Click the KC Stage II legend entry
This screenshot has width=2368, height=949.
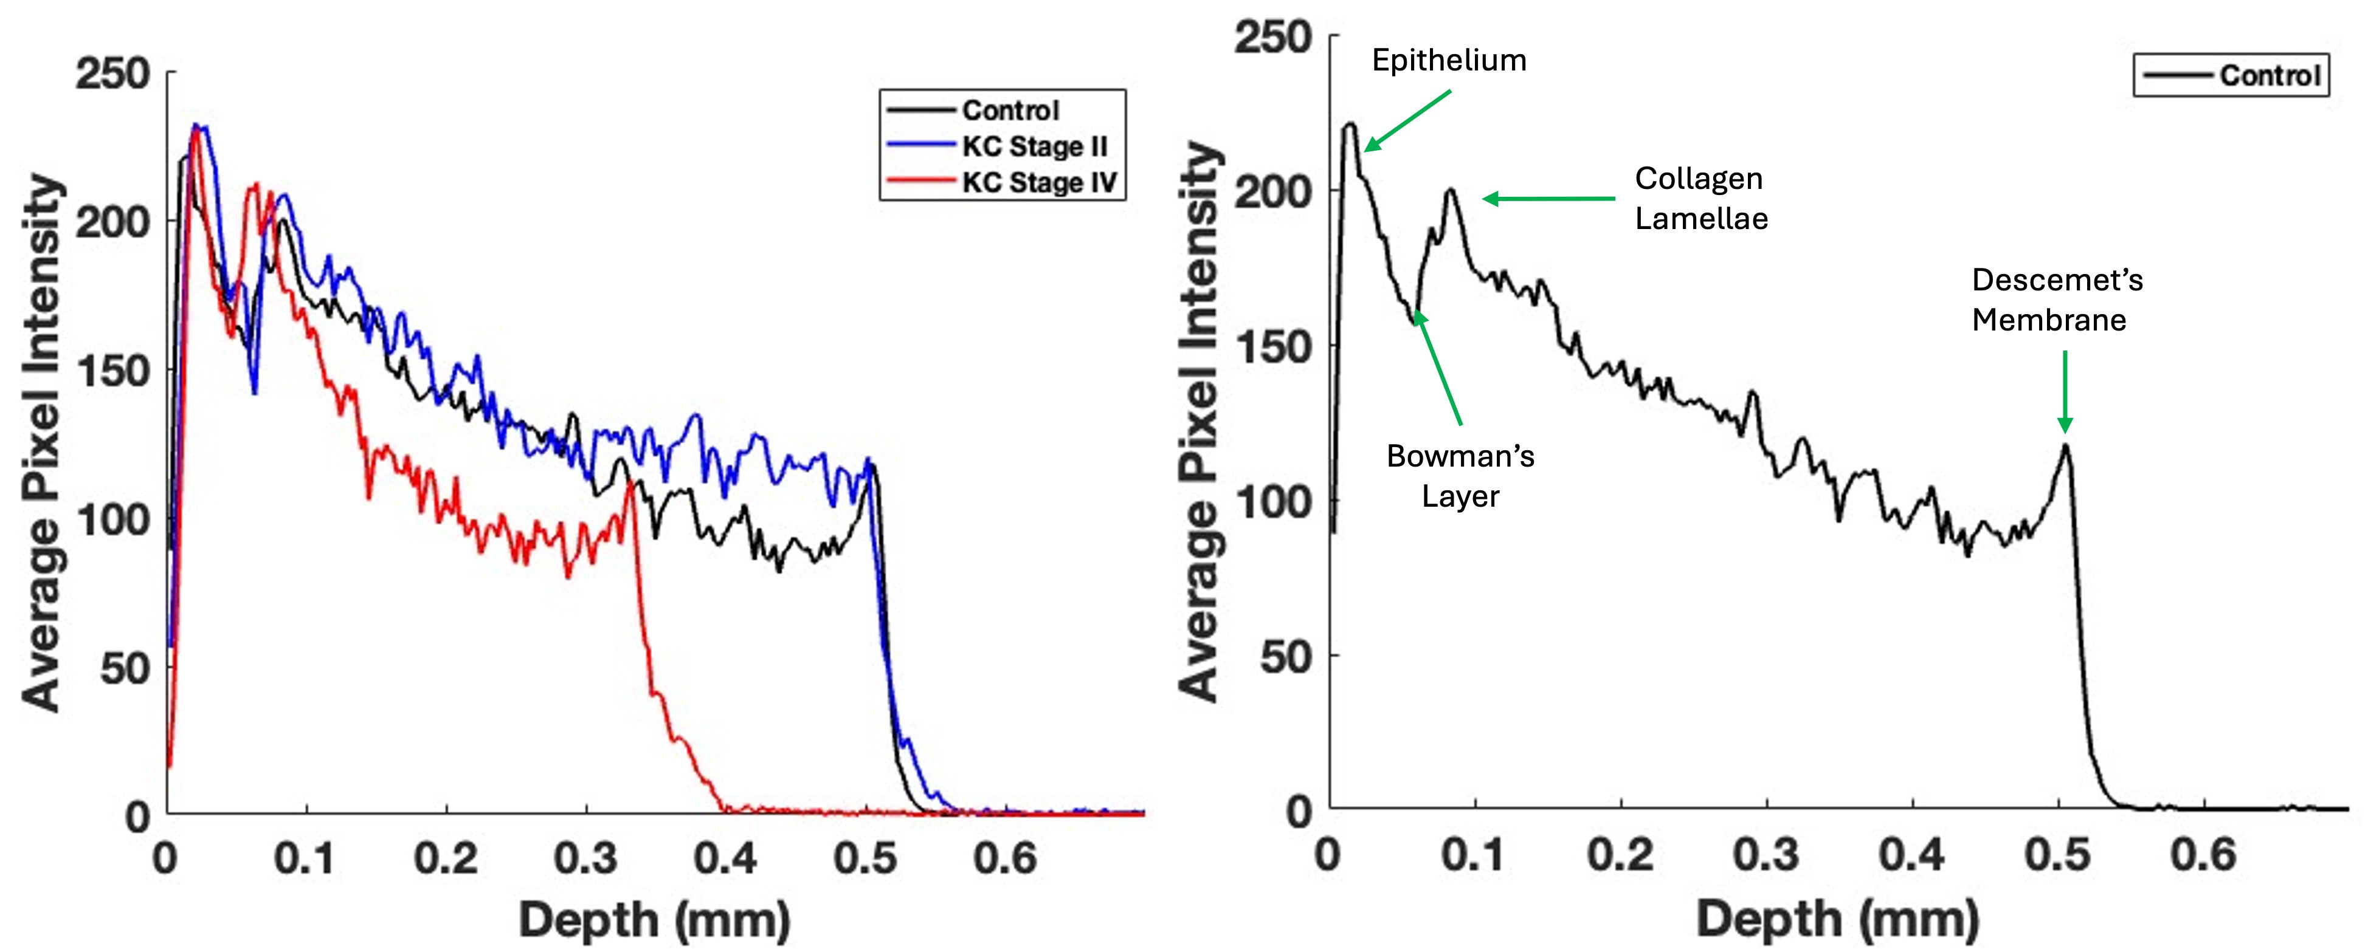click(1034, 146)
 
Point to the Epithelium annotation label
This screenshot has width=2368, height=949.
click(1449, 61)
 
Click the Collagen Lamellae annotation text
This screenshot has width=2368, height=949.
click(1700, 199)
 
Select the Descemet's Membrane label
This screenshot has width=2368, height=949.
click(2056, 300)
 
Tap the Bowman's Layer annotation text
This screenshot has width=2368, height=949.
click(1460, 476)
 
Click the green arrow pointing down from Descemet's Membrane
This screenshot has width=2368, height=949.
click(2065, 391)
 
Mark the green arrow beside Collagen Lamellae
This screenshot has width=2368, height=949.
click(1549, 199)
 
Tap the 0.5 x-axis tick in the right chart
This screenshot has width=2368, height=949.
click(2057, 854)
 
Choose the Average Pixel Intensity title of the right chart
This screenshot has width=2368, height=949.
click(1199, 423)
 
